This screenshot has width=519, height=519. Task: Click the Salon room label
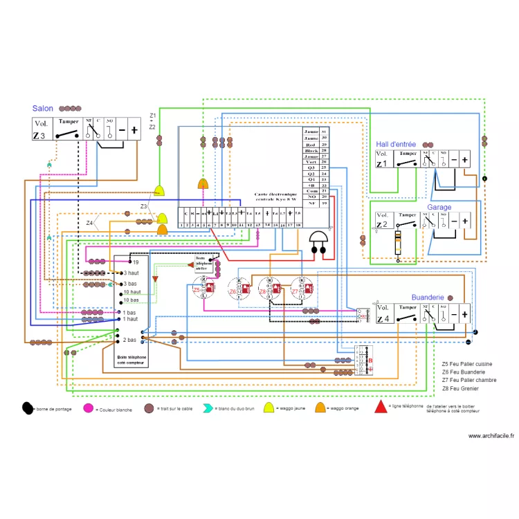point(43,109)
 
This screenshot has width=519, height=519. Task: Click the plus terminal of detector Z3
point(134,129)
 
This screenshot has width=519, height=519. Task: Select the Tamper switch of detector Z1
point(408,159)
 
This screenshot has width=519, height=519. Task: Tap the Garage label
point(439,207)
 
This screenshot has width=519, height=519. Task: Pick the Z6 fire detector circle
point(236,288)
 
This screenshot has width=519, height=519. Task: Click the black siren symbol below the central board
point(318,242)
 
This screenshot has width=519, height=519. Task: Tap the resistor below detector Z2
point(398,244)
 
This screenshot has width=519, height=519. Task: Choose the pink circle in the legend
point(88,408)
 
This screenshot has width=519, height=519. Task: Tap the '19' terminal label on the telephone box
point(136,262)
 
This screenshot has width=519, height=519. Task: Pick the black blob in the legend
point(28,408)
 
